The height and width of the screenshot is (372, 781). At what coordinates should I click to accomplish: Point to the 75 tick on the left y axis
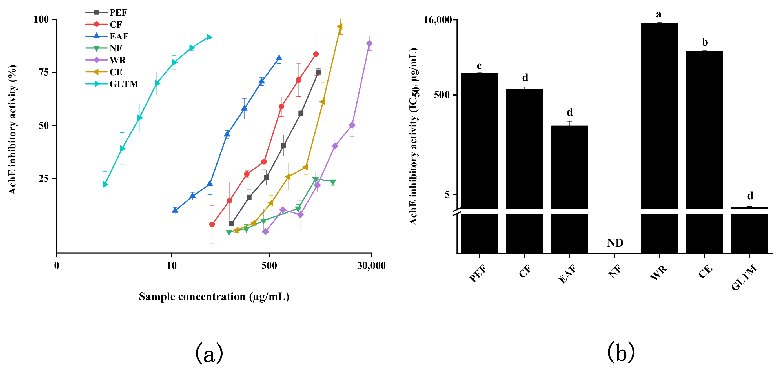[44, 72]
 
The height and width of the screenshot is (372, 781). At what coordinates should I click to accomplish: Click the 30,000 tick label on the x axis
[371, 265]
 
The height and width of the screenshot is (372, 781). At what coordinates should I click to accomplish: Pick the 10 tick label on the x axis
[172, 265]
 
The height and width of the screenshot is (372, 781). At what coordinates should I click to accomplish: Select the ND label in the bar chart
[615, 243]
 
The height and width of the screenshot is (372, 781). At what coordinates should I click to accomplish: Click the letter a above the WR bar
[658, 14]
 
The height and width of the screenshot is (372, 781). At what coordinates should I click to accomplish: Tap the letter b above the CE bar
[705, 42]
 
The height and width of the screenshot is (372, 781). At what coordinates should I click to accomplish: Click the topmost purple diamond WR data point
[369, 43]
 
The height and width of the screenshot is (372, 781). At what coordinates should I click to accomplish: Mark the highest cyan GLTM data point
[209, 37]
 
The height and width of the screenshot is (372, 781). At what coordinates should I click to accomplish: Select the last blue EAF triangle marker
[279, 58]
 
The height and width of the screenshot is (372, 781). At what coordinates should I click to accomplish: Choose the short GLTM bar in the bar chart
[749, 208]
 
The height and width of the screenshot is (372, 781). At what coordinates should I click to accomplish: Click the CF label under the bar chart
[525, 271]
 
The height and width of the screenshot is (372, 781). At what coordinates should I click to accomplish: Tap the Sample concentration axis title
[214, 296]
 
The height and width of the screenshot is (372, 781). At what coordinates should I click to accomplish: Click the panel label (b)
[621, 352]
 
